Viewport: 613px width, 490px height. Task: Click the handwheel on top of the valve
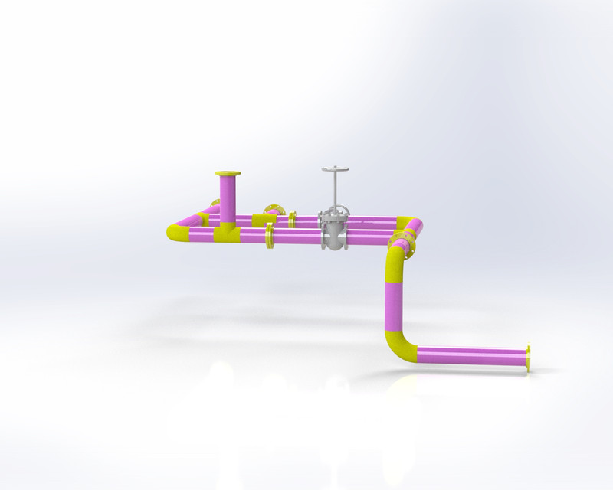335,169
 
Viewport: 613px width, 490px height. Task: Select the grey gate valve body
335,230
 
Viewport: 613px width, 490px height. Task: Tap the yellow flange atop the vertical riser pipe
228,174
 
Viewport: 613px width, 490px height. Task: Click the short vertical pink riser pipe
228,198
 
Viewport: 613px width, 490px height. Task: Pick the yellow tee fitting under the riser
228,232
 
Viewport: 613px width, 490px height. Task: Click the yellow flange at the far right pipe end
528,358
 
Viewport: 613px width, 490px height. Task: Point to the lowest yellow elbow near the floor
399,346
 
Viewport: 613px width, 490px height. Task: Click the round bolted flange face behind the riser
272,210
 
